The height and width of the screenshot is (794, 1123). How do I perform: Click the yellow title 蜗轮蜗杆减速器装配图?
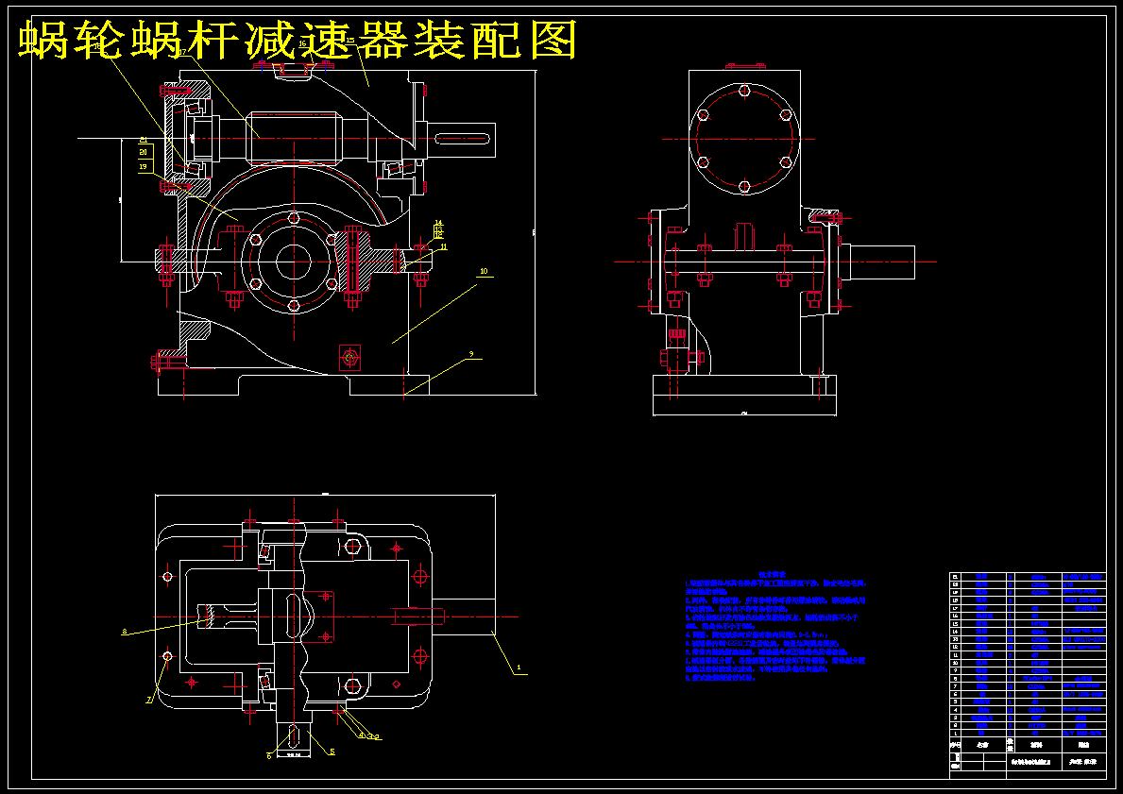298,40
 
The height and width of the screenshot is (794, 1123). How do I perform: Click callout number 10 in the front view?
484,271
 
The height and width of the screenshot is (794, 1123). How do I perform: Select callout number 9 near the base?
470,356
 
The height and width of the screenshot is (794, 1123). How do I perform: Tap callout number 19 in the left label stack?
144,166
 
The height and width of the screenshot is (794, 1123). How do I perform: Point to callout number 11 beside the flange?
443,247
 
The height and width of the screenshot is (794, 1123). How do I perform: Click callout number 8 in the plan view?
124,632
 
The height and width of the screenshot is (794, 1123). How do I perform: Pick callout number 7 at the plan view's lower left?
148,701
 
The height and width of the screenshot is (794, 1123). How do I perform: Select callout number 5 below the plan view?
332,752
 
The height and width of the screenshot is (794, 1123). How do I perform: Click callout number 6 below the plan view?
269,755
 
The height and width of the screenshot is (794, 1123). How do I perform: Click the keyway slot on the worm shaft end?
464,139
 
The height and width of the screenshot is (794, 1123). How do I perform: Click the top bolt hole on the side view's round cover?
744,92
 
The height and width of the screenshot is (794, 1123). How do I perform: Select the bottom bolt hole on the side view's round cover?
744,185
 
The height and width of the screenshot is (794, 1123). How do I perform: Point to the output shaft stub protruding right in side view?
882,262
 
